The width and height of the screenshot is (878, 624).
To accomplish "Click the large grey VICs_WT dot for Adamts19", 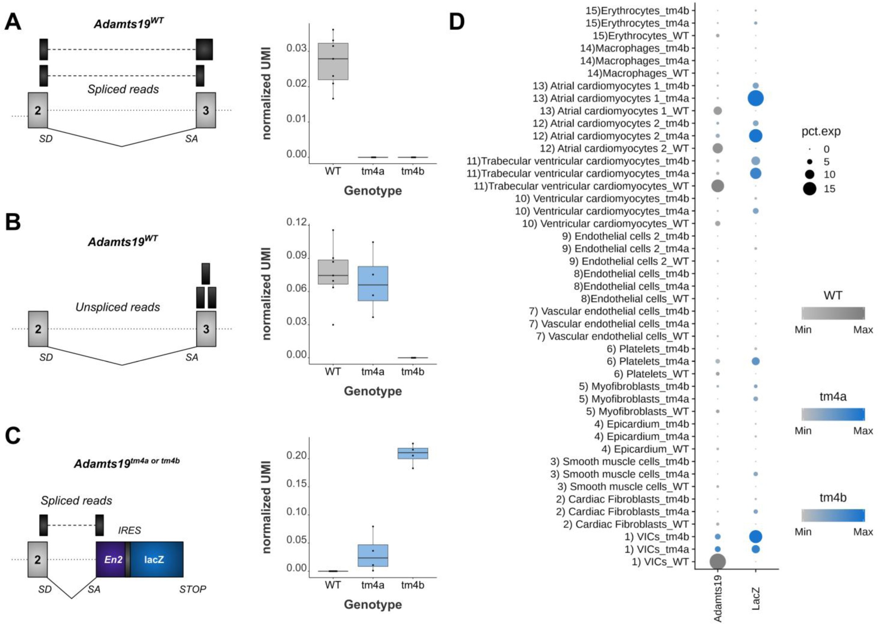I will pyautogui.click(x=717, y=561).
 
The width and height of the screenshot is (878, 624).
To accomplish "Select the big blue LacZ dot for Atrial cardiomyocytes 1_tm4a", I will pyautogui.click(x=755, y=98).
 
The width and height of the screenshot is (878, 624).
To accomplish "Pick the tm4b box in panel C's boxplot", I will pyautogui.click(x=413, y=453).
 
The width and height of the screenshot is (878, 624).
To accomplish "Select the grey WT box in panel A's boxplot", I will pyautogui.click(x=333, y=61).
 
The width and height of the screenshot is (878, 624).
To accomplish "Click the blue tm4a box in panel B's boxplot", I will pyautogui.click(x=373, y=283).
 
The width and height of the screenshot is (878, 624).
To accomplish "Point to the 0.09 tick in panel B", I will pyautogui.click(x=296, y=256).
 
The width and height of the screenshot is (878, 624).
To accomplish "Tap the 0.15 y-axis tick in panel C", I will pyautogui.click(x=296, y=484).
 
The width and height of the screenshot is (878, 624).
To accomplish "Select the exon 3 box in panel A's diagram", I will pyautogui.click(x=206, y=110).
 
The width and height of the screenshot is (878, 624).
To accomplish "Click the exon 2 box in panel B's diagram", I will pyautogui.click(x=38, y=329).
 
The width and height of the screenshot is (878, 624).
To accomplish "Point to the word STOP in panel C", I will pyautogui.click(x=192, y=589).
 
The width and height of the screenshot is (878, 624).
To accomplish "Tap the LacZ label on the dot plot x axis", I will pyautogui.click(x=755, y=598).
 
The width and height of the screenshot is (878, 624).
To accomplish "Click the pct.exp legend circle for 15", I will pyautogui.click(x=809, y=189).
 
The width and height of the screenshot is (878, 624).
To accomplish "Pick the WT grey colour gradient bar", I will pyautogui.click(x=833, y=313).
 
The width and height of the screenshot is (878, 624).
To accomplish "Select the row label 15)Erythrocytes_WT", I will pyautogui.click(x=640, y=36).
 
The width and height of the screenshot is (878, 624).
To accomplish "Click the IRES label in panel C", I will pyautogui.click(x=129, y=530).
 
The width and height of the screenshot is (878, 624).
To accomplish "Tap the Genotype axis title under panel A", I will pyautogui.click(x=373, y=191).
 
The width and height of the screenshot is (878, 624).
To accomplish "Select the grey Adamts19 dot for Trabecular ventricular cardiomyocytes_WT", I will pyautogui.click(x=717, y=186).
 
